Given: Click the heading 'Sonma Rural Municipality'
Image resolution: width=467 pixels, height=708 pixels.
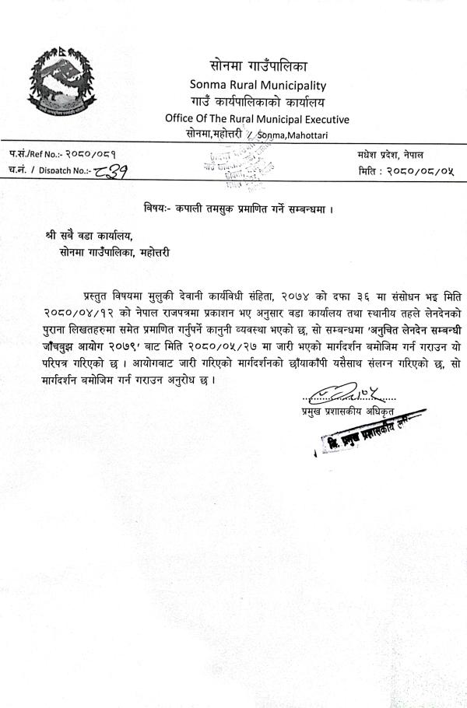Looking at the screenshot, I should [x=258, y=85].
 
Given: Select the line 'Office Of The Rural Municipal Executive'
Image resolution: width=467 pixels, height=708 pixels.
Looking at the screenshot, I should [x=257, y=118].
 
